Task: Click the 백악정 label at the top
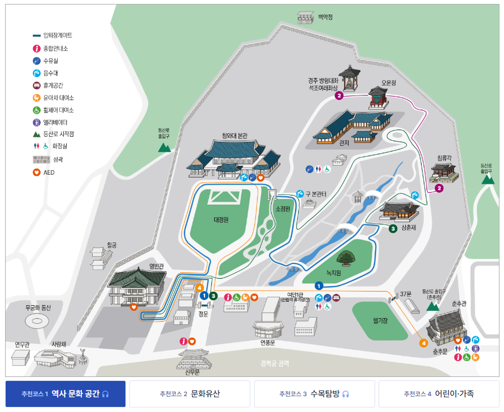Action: tap(325, 17)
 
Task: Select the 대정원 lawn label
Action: tap(221, 220)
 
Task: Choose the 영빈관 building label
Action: tap(156, 265)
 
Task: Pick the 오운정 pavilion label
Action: tap(389, 83)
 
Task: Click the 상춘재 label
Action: tap(409, 227)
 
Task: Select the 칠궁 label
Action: tap(112, 245)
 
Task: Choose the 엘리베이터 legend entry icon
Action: tap(37, 122)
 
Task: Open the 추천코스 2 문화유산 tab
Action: tap(189, 394)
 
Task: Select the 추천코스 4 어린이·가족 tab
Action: tap(439, 394)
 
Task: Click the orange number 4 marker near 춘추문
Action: tap(423, 342)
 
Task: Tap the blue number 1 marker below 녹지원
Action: tap(319, 285)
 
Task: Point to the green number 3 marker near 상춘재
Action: tap(393, 228)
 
